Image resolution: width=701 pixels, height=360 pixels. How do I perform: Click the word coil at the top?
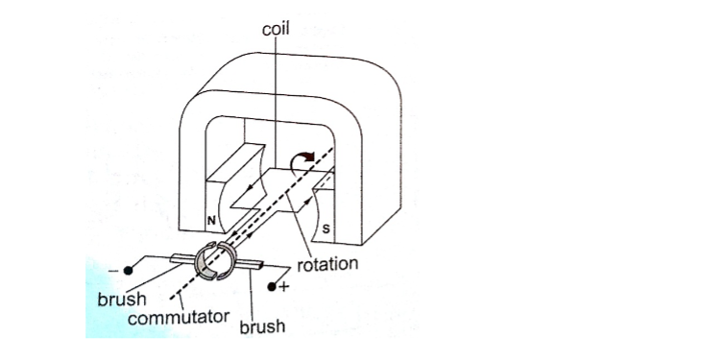[x=276, y=29]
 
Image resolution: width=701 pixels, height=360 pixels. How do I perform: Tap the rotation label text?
[x=327, y=264]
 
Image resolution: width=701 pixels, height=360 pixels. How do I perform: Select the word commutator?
[x=179, y=318]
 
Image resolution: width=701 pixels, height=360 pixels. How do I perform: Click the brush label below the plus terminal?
[x=262, y=326]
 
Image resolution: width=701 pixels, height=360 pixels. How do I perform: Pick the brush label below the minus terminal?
[x=122, y=299]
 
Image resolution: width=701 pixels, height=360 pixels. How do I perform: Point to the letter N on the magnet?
[x=211, y=221]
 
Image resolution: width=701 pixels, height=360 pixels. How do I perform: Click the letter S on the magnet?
[x=326, y=229]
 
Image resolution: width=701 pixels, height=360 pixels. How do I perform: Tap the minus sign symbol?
[x=112, y=271]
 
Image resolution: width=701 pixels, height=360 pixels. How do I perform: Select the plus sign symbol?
[x=284, y=286]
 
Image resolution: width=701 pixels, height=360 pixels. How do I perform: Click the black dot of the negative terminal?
[x=129, y=271]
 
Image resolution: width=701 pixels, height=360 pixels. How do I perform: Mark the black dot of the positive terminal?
[x=272, y=287]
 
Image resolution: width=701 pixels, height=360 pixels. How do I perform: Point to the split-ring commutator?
[x=215, y=261]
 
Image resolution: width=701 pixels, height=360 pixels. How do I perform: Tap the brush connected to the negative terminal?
[x=182, y=258]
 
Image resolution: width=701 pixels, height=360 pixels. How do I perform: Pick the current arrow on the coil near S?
[x=307, y=202]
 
